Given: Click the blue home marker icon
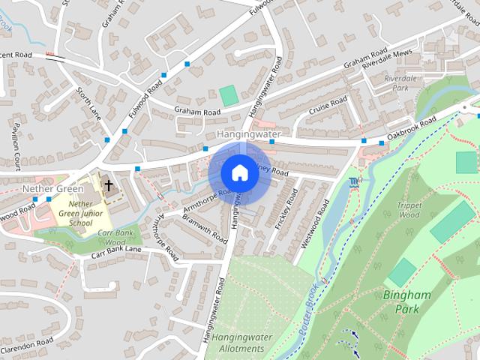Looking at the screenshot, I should [239, 172].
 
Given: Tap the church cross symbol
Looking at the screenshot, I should [108, 184].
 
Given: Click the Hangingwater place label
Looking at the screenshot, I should [248, 134].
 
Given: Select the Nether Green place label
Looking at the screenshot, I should [53, 188].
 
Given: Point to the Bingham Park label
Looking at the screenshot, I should [407, 301].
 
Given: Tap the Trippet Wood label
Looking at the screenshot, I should [409, 210].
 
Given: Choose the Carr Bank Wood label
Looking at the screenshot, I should [112, 238].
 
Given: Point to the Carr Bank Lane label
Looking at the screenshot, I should [116, 252].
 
